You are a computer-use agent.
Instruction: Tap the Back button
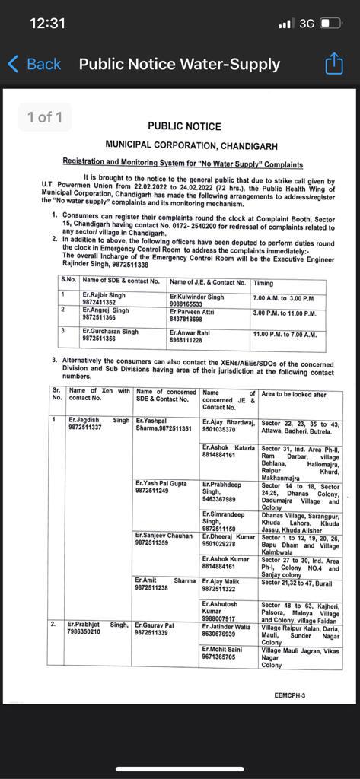pyautogui.click(x=33, y=64)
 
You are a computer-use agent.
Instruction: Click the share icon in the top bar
pyautogui.click(x=334, y=64)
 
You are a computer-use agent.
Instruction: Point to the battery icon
pyautogui.click(x=331, y=24)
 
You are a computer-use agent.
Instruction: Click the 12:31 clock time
pyautogui.click(x=47, y=24)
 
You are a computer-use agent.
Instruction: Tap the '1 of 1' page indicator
pyautogui.click(x=45, y=117)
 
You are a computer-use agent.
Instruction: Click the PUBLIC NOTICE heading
pyautogui.click(x=184, y=126)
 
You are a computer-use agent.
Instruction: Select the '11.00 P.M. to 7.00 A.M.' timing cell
pyautogui.click(x=285, y=334)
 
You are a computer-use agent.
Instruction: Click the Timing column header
pyautogui.click(x=263, y=282)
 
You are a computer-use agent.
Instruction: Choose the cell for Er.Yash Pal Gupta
pyautogui.click(x=161, y=487)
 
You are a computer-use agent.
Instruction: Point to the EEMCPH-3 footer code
pyautogui.click(x=289, y=695)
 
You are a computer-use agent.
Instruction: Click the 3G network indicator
pyautogui.click(x=307, y=24)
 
